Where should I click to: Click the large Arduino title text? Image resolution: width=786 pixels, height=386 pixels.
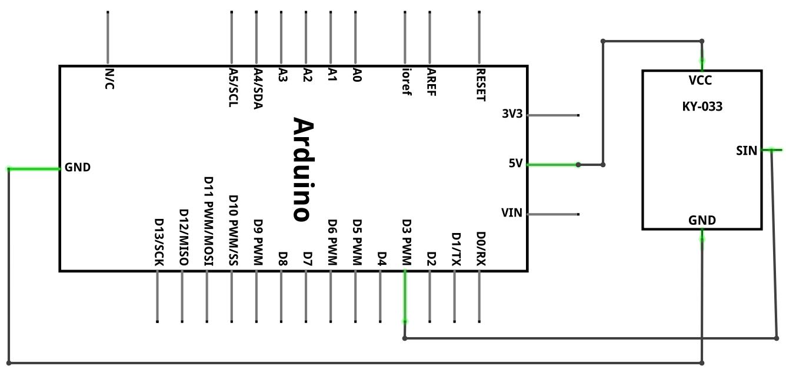click(303, 169)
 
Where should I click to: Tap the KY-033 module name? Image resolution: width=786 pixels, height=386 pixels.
click(702, 107)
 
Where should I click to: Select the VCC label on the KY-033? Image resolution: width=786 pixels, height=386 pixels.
click(700, 81)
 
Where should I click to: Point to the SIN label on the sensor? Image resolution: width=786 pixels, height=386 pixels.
click(747, 151)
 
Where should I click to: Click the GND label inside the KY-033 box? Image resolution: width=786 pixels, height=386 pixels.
click(702, 220)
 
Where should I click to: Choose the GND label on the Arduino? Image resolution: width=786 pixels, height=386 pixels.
click(78, 167)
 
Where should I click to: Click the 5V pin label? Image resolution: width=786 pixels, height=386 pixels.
click(515, 163)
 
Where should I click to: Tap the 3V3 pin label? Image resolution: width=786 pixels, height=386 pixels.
click(512, 114)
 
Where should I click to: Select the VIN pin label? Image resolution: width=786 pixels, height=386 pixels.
click(512, 212)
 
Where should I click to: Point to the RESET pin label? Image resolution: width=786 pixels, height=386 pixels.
click(481, 85)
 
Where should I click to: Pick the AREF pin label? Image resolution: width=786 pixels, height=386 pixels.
click(431, 82)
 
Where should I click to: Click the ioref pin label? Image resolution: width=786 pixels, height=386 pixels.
click(407, 82)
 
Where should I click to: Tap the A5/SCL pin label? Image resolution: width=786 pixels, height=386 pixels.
click(234, 88)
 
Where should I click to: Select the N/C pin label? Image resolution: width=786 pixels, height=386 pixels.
click(109, 79)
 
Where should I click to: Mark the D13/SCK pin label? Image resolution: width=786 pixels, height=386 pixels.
click(159, 242)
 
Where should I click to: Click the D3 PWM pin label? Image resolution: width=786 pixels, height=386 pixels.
click(407, 242)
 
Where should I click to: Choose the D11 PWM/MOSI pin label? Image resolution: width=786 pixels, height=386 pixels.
click(208, 221)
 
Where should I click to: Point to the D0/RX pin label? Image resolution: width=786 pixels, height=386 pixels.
click(481, 249)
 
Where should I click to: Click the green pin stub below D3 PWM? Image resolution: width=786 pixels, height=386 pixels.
click(405, 296)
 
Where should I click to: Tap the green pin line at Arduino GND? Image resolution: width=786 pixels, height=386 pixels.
click(34, 169)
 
